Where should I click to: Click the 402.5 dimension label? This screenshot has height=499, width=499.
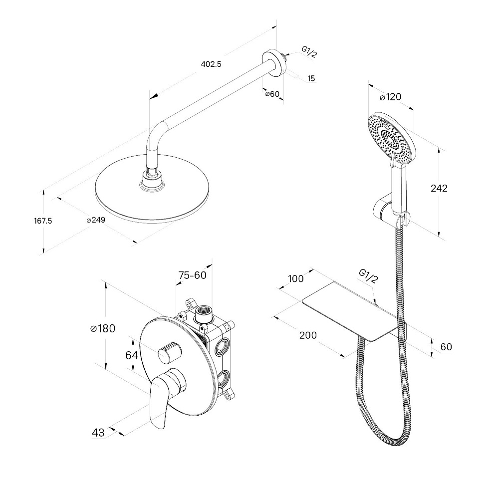[211, 64]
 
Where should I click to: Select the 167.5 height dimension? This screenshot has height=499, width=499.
[43, 221]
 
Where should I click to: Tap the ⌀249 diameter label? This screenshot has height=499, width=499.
[95, 220]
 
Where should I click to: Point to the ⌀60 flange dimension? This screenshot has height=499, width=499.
[272, 94]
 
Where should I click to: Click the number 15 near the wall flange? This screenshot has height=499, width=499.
[311, 78]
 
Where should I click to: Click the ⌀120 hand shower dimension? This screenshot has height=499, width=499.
[391, 97]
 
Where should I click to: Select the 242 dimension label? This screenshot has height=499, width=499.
[439, 188]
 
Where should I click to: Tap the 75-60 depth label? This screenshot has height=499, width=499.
[192, 275]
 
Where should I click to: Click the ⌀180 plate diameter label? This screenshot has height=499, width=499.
[102, 328]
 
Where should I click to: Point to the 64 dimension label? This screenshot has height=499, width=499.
[131, 355]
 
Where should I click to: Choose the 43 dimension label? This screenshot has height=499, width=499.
[98, 433]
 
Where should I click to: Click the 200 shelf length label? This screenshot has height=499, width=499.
[308, 335]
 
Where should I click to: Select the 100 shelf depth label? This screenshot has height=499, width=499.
[296, 278]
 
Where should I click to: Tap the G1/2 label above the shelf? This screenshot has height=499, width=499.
[369, 276]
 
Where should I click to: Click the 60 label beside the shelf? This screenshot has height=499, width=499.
[446, 347]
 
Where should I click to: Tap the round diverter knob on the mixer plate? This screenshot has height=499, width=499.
[169, 353]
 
